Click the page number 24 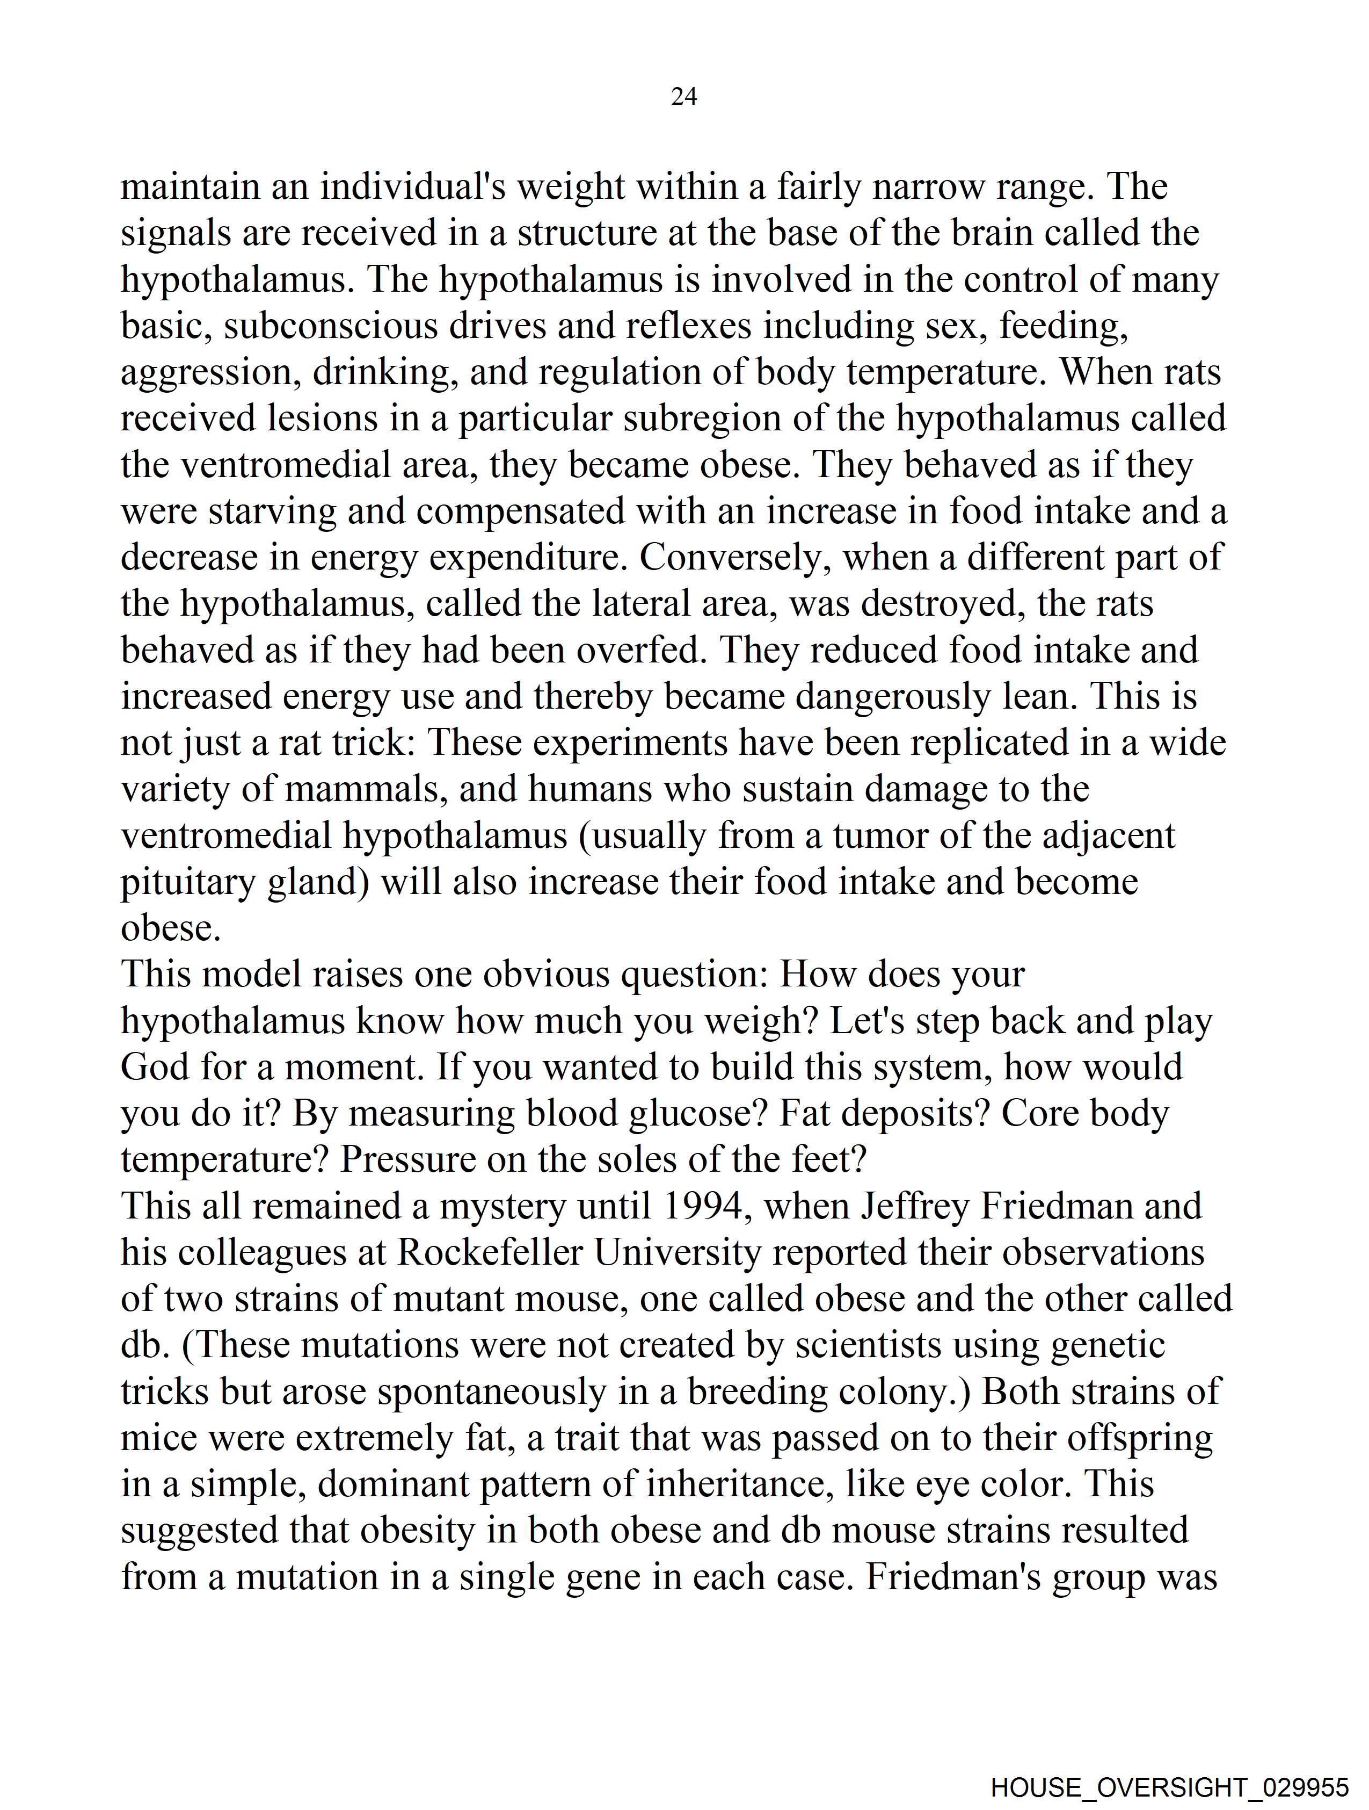(x=683, y=97)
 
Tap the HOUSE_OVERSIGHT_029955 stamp (x=1169, y=1786)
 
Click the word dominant (x=392, y=1485)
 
